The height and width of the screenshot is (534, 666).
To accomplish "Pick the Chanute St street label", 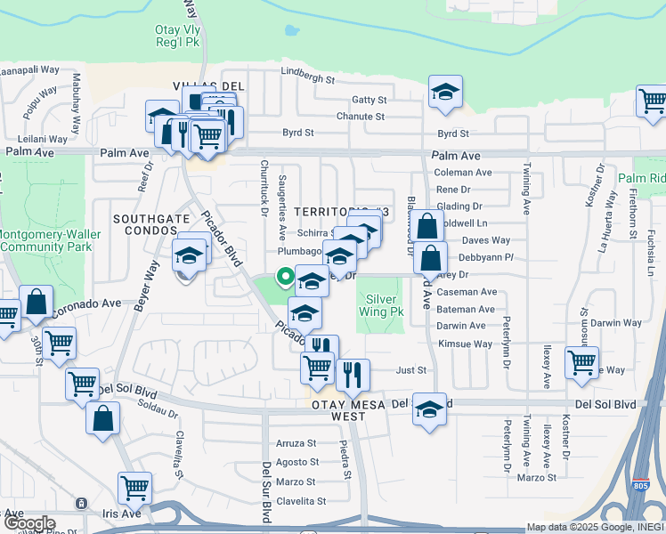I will click(x=360, y=117).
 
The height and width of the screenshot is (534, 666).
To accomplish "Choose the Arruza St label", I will click(x=296, y=443).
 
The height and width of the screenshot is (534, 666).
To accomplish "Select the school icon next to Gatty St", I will click(x=444, y=92).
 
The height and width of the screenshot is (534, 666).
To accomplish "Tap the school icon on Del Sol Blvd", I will click(x=430, y=410).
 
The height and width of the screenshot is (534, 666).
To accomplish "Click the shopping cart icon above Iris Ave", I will click(x=134, y=487).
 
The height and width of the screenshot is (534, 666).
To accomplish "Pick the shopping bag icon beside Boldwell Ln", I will click(x=428, y=225).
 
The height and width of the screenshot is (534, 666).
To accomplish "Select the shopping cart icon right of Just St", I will click(x=581, y=362).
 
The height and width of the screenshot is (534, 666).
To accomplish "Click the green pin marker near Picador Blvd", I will click(x=285, y=277).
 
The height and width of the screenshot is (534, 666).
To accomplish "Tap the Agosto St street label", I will click(x=296, y=463).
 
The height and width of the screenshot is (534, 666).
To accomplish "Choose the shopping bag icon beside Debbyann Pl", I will click(x=431, y=258).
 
